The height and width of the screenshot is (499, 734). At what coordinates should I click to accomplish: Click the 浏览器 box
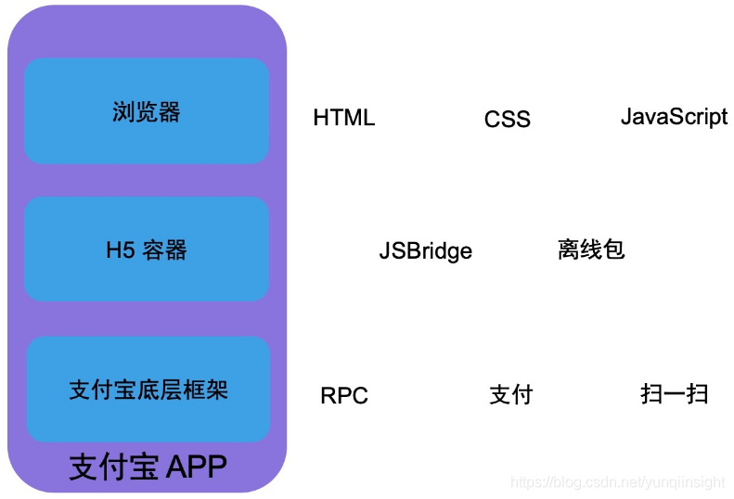click(147, 111)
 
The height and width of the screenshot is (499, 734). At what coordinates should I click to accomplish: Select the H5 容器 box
click(147, 249)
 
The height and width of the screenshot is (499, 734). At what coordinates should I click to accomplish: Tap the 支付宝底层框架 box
click(148, 390)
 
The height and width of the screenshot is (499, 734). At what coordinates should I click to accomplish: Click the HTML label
click(344, 118)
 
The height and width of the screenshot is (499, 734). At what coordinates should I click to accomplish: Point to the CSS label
click(508, 120)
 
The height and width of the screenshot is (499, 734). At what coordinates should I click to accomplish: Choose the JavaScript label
click(674, 117)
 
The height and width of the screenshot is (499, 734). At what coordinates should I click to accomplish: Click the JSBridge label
click(425, 251)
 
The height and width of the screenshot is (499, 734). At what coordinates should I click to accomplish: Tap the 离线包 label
click(591, 249)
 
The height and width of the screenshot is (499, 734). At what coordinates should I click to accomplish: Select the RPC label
click(344, 396)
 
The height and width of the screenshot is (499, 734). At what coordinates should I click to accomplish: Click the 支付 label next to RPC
click(511, 394)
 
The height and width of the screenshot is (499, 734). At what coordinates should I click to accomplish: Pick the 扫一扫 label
click(675, 393)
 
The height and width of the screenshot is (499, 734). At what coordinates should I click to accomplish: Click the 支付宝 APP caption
click(148, 467)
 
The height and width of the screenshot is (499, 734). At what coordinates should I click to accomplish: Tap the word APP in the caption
click(196, 467)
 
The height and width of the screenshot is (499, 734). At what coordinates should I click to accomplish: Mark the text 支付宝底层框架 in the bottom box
click(148, 390)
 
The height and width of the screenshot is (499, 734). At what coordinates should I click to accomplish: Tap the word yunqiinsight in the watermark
click(686, 482)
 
